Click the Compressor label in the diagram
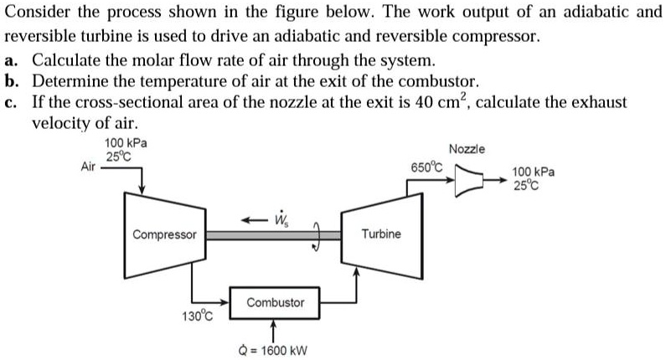[x=165, y=234]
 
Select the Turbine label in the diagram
[x=381, y=234]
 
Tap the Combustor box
[x=275, y=301]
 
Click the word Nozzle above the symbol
[x=467, y=149]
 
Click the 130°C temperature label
[x=198, y=316]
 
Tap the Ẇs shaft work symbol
[x=279, y=219]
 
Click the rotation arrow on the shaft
[x=318, y=235]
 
